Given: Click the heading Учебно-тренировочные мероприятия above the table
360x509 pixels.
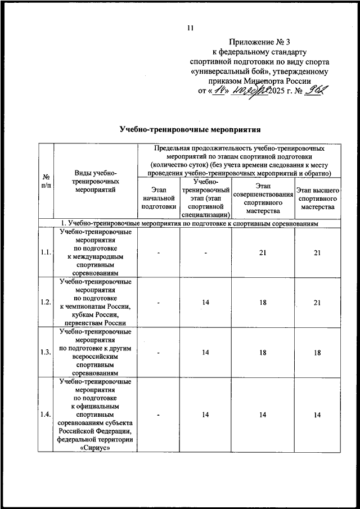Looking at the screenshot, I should click(190, 129).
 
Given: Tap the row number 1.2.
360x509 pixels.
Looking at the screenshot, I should click(46, 303).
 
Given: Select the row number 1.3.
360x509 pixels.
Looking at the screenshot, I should click(46, 353).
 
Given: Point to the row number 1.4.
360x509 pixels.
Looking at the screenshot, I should click(46, 415).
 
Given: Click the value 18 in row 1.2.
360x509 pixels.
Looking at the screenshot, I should click(263, 303).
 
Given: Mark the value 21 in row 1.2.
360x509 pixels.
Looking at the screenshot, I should click(318, 303).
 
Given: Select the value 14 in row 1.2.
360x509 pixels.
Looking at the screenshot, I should click(206, 303).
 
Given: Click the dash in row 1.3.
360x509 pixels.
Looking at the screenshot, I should click(159, 353).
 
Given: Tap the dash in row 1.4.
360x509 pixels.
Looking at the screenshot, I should click(159, 415).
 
